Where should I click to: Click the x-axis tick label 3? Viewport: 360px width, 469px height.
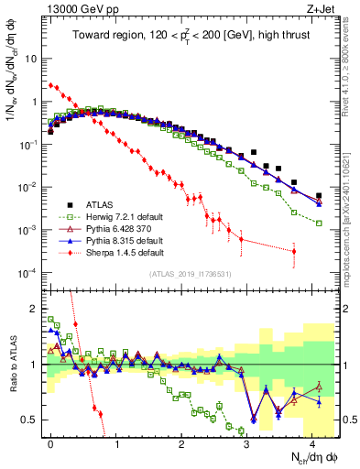(246, 442)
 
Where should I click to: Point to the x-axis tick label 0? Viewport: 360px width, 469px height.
(50, 442)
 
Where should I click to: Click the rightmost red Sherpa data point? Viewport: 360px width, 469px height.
(294, 251)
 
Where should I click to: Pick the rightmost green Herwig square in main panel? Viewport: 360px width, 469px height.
(319, 223)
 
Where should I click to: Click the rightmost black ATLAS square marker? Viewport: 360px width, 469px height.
(319, 195)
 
